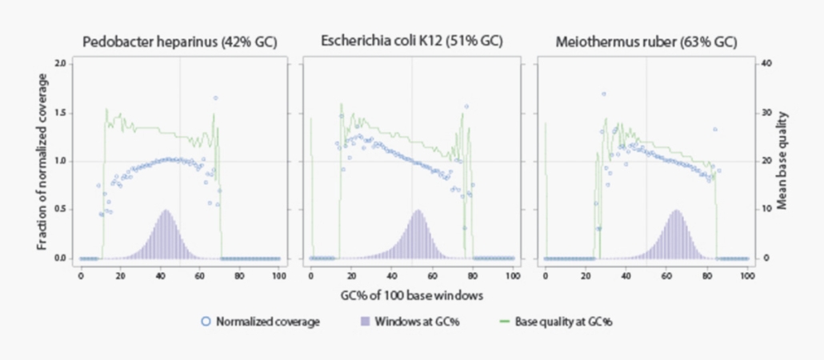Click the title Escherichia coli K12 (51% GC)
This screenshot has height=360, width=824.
412,42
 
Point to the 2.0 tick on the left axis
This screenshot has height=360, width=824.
61,63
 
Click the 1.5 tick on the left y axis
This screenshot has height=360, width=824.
61,112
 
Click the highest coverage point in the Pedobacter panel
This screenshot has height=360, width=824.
215,98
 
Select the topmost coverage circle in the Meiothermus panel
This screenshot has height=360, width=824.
603,94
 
